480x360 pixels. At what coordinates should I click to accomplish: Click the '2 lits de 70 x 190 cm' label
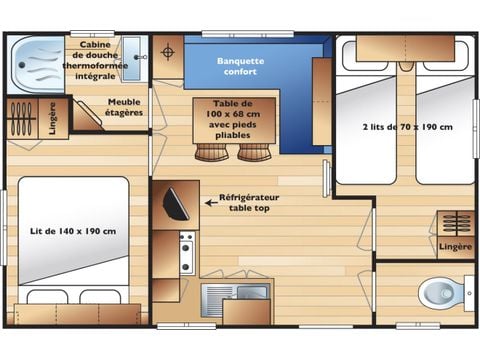tap(408, 127)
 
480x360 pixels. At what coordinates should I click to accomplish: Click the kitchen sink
tap(222, 295)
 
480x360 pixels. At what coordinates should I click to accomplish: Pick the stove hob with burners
tap(186, 252)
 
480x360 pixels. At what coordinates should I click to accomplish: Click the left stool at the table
tap(210, 151)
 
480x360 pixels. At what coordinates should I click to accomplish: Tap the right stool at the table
tap(253, 151)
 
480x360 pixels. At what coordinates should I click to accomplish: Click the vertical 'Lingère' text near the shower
tap(52, 117)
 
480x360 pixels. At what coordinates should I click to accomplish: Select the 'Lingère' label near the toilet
tap(455, 246)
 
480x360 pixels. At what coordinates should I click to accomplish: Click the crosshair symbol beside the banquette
tap(168, 51)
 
